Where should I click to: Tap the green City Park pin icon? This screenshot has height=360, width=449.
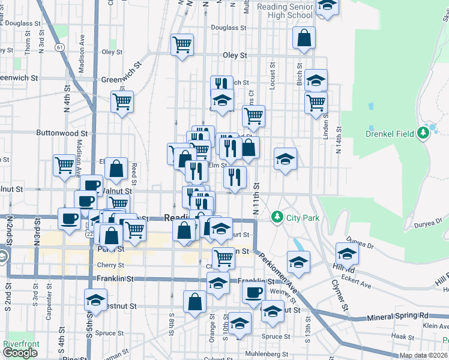(x=277, y=216)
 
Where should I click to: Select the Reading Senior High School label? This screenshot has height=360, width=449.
(x=285, y=10)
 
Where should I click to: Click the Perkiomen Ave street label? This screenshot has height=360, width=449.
(x=279, y=269)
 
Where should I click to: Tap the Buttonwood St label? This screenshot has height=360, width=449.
(x=62, y=133)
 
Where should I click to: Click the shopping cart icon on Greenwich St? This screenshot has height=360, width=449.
(x=122, y=101)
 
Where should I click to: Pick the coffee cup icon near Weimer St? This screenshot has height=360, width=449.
(x=254, y=292)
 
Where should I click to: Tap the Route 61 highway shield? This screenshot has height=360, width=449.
(x=59, y=46)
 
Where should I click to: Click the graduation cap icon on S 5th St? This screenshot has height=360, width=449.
(x=95, y=299)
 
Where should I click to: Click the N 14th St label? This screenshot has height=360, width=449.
(x=339, y=140)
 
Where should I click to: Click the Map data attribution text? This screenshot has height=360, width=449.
(x=424, y=355)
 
